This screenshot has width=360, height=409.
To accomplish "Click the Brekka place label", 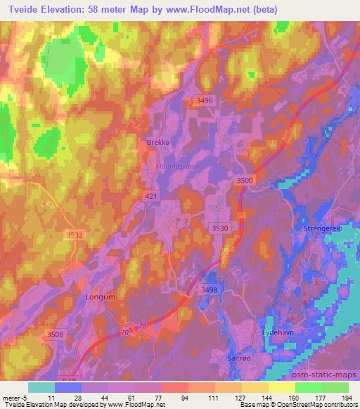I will tap(158, 141).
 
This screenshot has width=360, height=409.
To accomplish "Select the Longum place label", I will tap(99, 297).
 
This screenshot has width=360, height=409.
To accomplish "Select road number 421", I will tap(150, 197).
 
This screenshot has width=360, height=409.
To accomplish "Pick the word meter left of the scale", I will tap(11, 397).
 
